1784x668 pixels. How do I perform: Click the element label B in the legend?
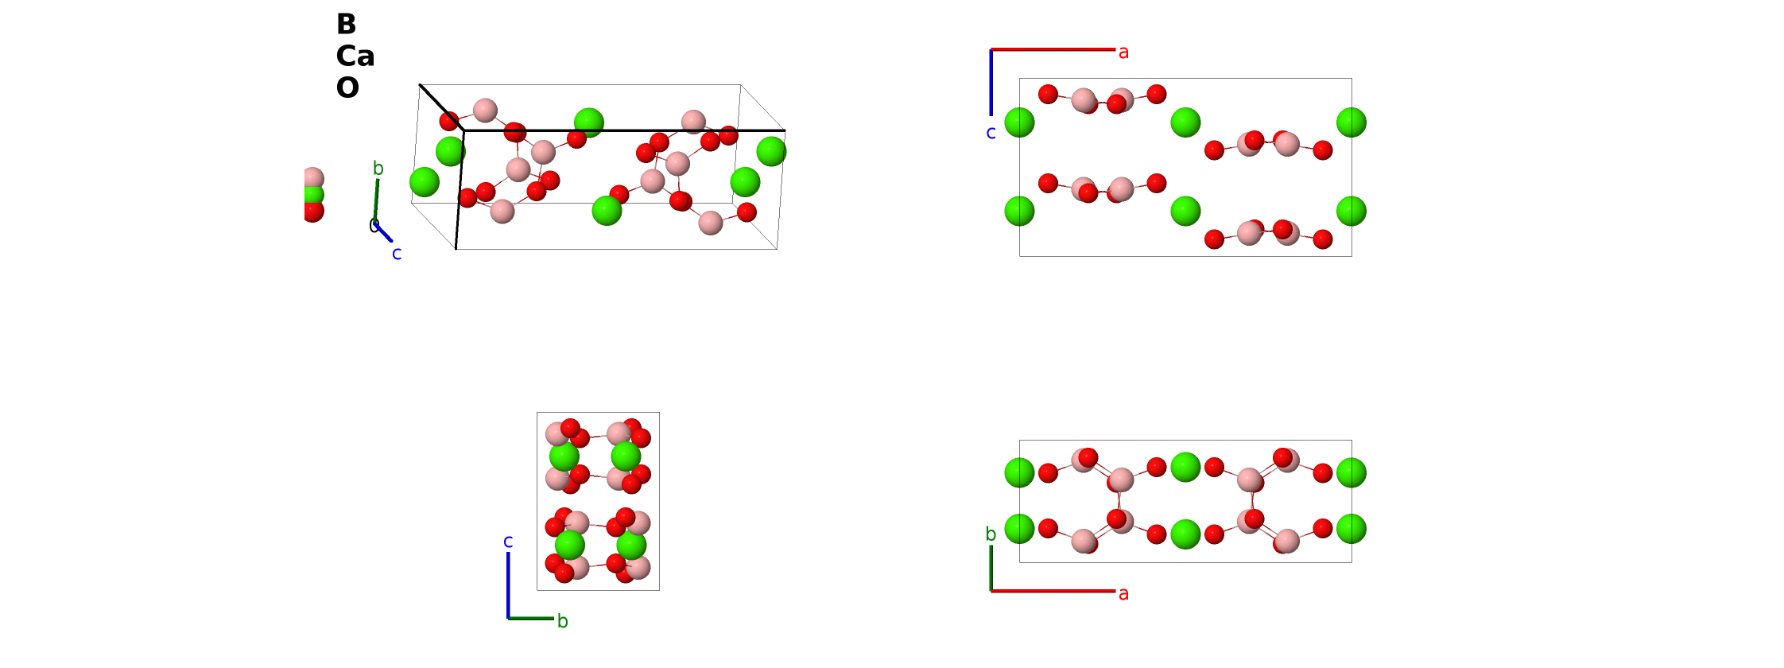346,24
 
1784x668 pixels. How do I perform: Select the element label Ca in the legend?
355,56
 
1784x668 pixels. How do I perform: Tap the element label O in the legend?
347,87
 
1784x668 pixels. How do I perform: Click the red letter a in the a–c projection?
1123,52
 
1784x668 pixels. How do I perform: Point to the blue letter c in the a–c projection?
991,133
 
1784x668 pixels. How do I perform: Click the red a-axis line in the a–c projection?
1053,49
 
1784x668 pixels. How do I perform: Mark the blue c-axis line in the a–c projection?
991,83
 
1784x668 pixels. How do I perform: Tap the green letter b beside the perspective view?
378,168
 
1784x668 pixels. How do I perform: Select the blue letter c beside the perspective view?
397,254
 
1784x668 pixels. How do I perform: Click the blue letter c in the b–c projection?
508,542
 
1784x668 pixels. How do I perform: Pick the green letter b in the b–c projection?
562,620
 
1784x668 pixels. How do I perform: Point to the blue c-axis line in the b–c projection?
508,584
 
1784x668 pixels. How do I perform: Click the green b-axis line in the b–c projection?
531,618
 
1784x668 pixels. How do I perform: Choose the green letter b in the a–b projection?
991,534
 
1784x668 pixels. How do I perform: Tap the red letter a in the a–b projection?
1123,594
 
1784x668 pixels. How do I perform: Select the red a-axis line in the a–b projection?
1053,591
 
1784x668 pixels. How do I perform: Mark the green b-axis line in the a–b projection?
991,568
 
